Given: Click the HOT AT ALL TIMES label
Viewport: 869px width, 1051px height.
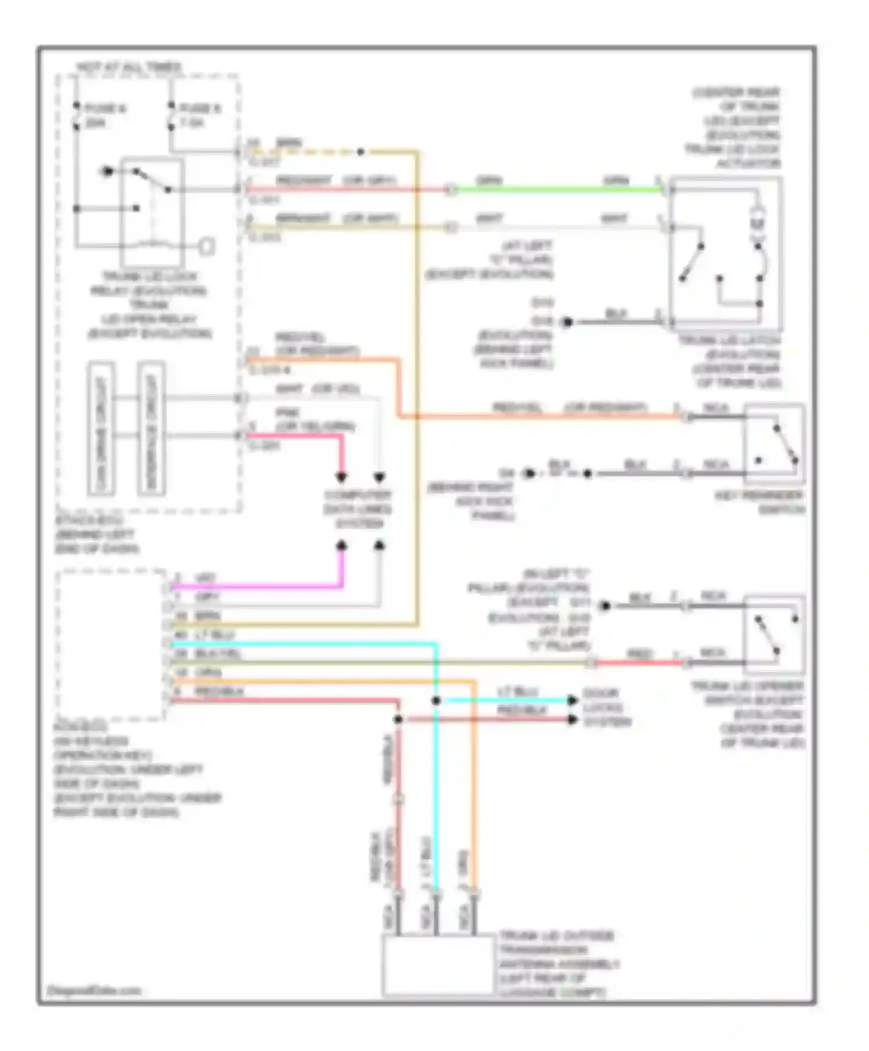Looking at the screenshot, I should point(129,67).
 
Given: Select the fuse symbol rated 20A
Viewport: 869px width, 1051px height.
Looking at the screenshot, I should point(76,116).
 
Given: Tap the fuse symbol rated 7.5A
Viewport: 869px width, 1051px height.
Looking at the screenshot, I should point(171,116).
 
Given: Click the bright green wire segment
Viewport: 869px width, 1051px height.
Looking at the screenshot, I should point(556,189).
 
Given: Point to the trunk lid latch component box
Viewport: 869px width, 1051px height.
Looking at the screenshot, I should point(725,253).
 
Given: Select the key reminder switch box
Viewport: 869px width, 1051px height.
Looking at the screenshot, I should point(774,444).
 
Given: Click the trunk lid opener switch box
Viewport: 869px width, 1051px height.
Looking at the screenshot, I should point(774,634).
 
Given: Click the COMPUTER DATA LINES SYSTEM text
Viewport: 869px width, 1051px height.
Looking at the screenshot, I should point(357,509).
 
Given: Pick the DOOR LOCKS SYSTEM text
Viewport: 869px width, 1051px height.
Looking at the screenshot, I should point(607,707).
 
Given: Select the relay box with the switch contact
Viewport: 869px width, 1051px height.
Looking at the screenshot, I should point(152,211).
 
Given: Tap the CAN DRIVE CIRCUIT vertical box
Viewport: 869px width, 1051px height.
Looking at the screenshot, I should point(101,429).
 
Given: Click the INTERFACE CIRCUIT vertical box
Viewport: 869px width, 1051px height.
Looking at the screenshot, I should point(151,429).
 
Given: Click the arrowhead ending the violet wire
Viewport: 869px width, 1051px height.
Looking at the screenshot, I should point(342,545).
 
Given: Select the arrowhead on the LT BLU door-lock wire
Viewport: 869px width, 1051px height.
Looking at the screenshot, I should point(572,700).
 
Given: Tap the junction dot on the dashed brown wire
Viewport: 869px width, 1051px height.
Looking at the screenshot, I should point(360,152).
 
